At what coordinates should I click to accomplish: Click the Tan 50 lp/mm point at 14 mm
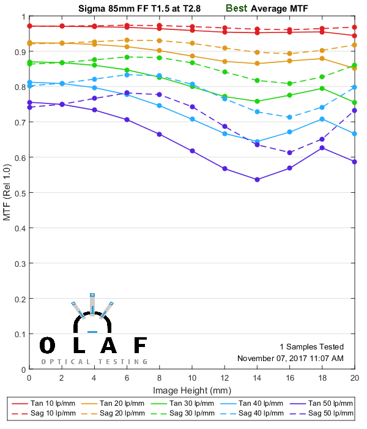257,179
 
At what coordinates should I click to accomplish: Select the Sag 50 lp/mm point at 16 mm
290,152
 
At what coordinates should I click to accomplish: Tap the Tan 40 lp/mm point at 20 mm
355,133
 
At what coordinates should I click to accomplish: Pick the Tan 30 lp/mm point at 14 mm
257,101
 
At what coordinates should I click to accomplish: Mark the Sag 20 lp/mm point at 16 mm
290,53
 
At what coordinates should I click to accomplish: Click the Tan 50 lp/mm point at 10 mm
192,151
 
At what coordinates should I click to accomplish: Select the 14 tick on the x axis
257,370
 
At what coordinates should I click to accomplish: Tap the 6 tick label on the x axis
127,379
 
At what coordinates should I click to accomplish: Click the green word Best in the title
237,9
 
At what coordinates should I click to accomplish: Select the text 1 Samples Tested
311,346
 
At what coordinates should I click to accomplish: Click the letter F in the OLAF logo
139,346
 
